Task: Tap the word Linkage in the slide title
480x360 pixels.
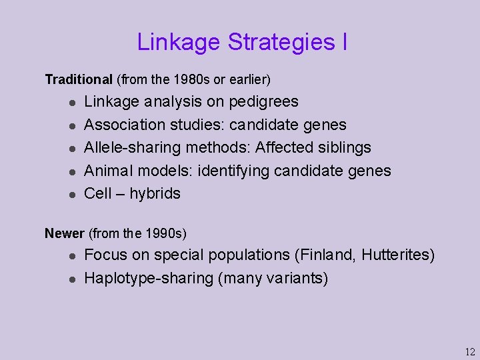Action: [179, 42]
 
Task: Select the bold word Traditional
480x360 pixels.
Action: [79, 80]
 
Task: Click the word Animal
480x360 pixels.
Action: [107, 171]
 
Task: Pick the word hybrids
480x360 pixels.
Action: [155, 193]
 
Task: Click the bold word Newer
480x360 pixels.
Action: [64, 233]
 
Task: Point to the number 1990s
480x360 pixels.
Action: [164, 233]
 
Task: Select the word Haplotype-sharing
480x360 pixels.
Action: [148, 278]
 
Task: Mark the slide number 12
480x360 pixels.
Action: [470, 351]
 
